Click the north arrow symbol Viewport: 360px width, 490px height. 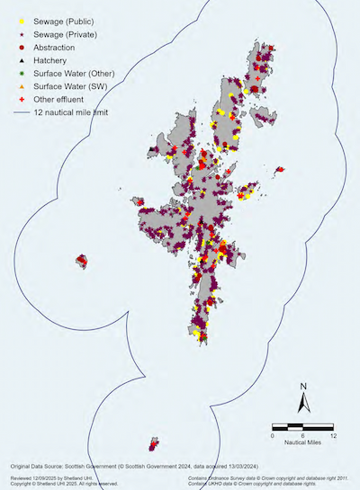coord(304,406)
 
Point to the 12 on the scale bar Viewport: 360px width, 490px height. coord(334,435)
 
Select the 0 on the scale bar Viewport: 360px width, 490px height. coord(273,435)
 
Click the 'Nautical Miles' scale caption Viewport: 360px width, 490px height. coord(303,444)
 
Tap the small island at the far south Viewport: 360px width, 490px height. coord(154,444)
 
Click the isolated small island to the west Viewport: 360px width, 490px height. coord(81,262)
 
